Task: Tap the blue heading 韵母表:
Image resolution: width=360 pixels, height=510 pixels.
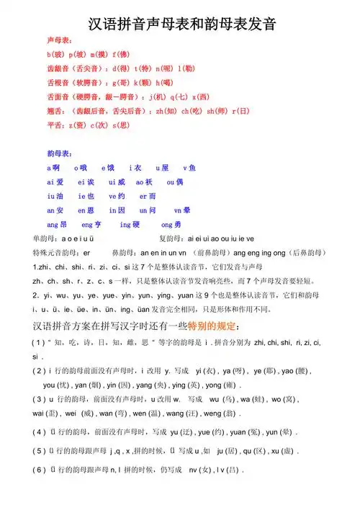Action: coord(59,153)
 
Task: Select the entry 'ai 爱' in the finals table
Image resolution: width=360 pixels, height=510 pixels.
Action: coord(55,182)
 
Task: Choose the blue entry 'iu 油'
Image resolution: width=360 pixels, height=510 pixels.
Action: coord(55,195)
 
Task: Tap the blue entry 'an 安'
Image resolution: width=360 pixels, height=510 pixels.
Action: coord(55,210)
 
